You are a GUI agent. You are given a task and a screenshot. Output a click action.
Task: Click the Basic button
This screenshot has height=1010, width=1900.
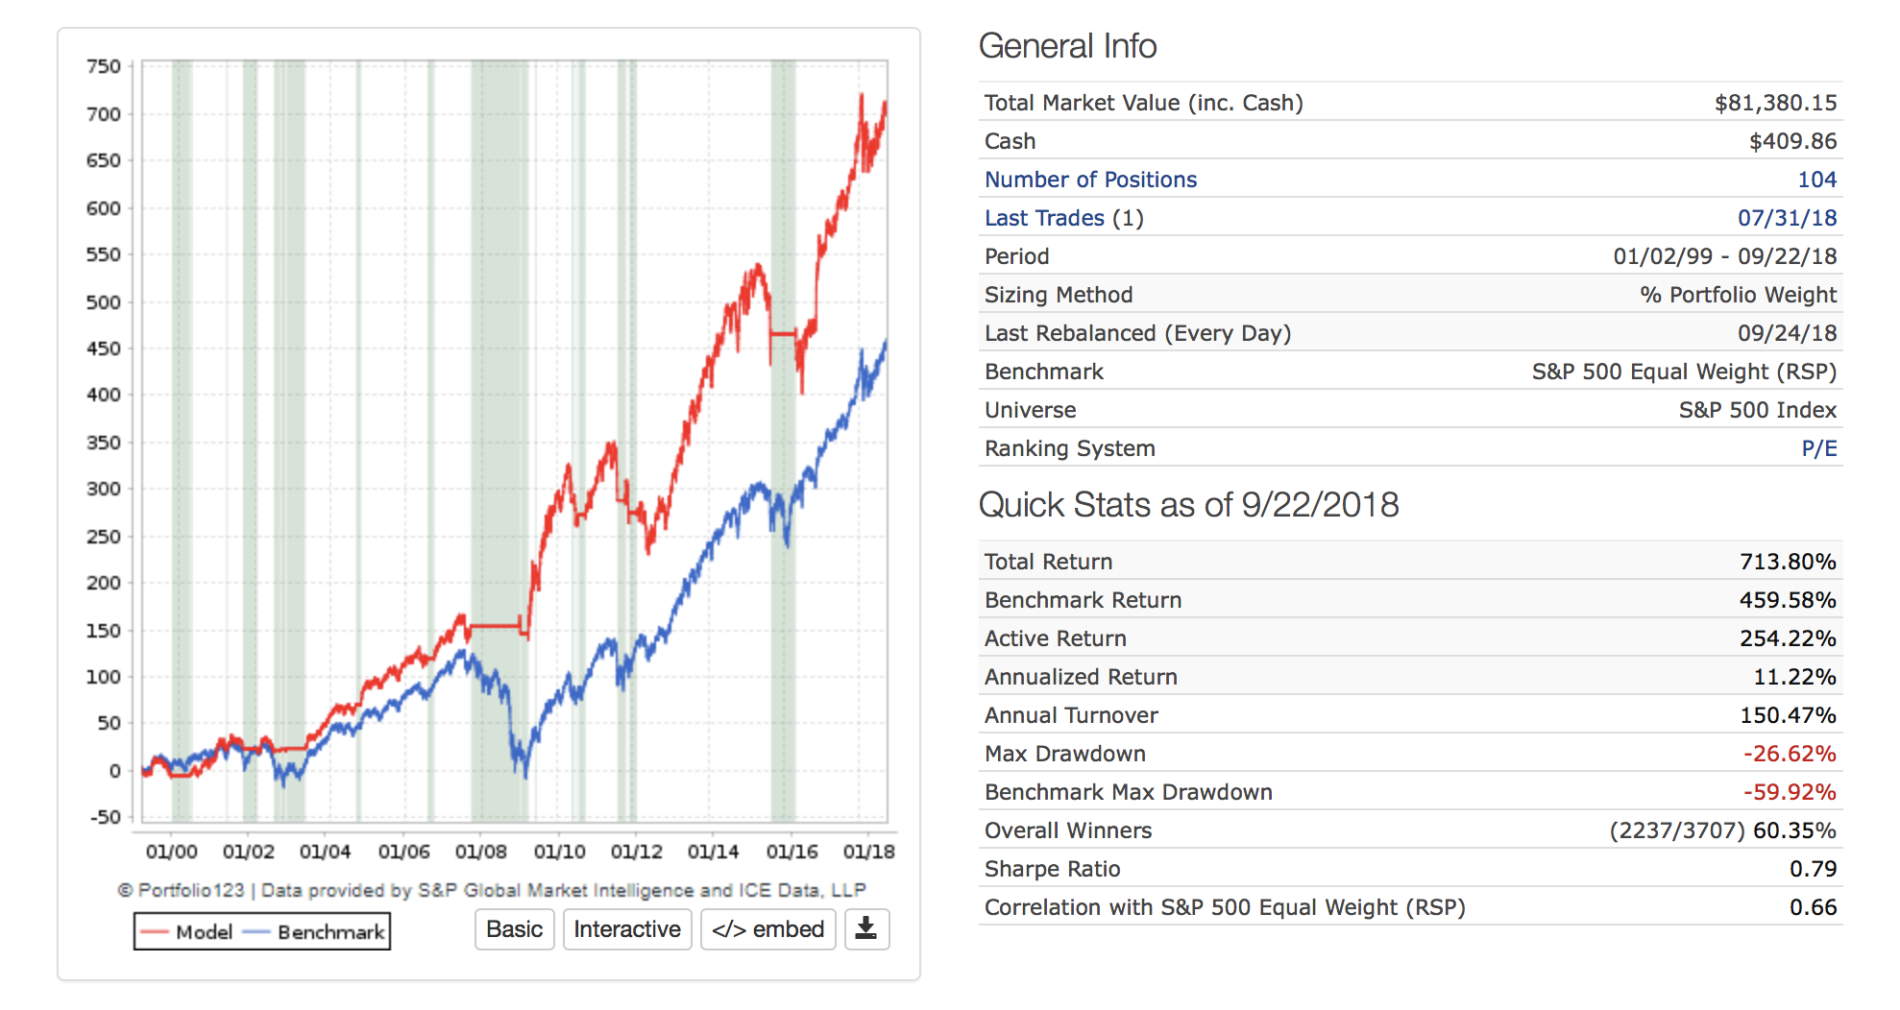tap(514, 929)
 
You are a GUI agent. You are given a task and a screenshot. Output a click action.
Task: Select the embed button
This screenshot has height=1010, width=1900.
tap(767, 929)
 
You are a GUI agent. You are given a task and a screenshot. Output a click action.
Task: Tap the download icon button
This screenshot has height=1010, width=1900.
tap(866, 929)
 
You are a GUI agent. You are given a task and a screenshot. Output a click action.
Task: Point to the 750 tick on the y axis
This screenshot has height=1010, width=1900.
tap(104, 66)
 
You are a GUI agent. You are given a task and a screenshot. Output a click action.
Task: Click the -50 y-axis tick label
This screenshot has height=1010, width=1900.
tap(106, 817)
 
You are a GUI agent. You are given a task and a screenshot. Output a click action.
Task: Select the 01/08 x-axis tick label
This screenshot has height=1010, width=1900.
tap(480, 852)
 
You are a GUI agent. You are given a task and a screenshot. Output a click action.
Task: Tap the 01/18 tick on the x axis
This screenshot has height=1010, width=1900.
tap(868, 852)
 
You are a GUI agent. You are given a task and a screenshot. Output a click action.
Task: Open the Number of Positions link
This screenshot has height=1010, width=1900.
tap(1090, 180)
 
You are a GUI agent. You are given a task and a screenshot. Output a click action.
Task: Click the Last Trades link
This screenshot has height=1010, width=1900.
tap(1044, 218)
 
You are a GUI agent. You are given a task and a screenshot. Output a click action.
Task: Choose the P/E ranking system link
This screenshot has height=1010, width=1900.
tap(1818, 448)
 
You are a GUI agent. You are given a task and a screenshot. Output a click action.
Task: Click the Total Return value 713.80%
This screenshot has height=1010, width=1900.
tap(1787, 562)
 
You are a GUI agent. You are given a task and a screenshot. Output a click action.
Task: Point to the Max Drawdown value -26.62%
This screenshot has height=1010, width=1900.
tap(1789, 754)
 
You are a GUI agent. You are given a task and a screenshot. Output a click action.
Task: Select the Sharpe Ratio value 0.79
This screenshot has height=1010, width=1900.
tap(1813, 869)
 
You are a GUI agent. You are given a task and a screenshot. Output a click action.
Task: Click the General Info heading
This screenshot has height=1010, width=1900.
tap(1067, 46)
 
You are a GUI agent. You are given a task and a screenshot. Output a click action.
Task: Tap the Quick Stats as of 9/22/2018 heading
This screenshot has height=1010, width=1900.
tap(1188, 505)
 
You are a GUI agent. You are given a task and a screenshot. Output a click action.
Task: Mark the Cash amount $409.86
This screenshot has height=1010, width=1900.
tap(1792, 141)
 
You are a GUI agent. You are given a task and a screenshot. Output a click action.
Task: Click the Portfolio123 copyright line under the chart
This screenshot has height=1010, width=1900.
tap(492, 890)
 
